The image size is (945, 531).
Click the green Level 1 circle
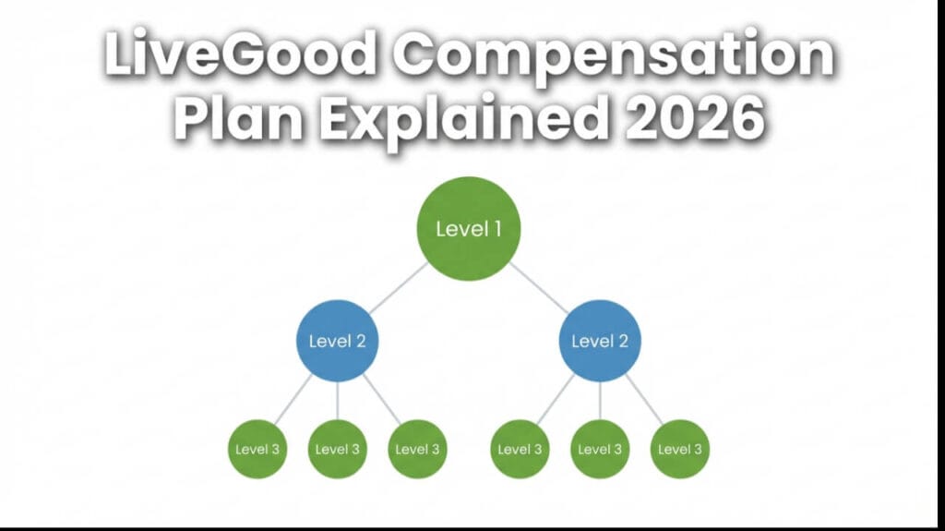coord(469,229)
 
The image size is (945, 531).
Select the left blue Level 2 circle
coord(337,341)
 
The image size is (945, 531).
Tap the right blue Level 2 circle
coord(600,341)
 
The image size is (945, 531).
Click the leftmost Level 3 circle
coord(257,450)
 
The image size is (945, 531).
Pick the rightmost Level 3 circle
coord(680,450)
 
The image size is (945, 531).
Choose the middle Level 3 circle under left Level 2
coord(337,450)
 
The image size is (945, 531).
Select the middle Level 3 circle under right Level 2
coord(600,450)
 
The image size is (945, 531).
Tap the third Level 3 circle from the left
coord(417,450)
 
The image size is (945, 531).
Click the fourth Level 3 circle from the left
coord(520,450)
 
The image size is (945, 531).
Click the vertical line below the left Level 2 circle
coord(337,401)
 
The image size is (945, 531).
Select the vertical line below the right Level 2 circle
coord(600,401)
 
